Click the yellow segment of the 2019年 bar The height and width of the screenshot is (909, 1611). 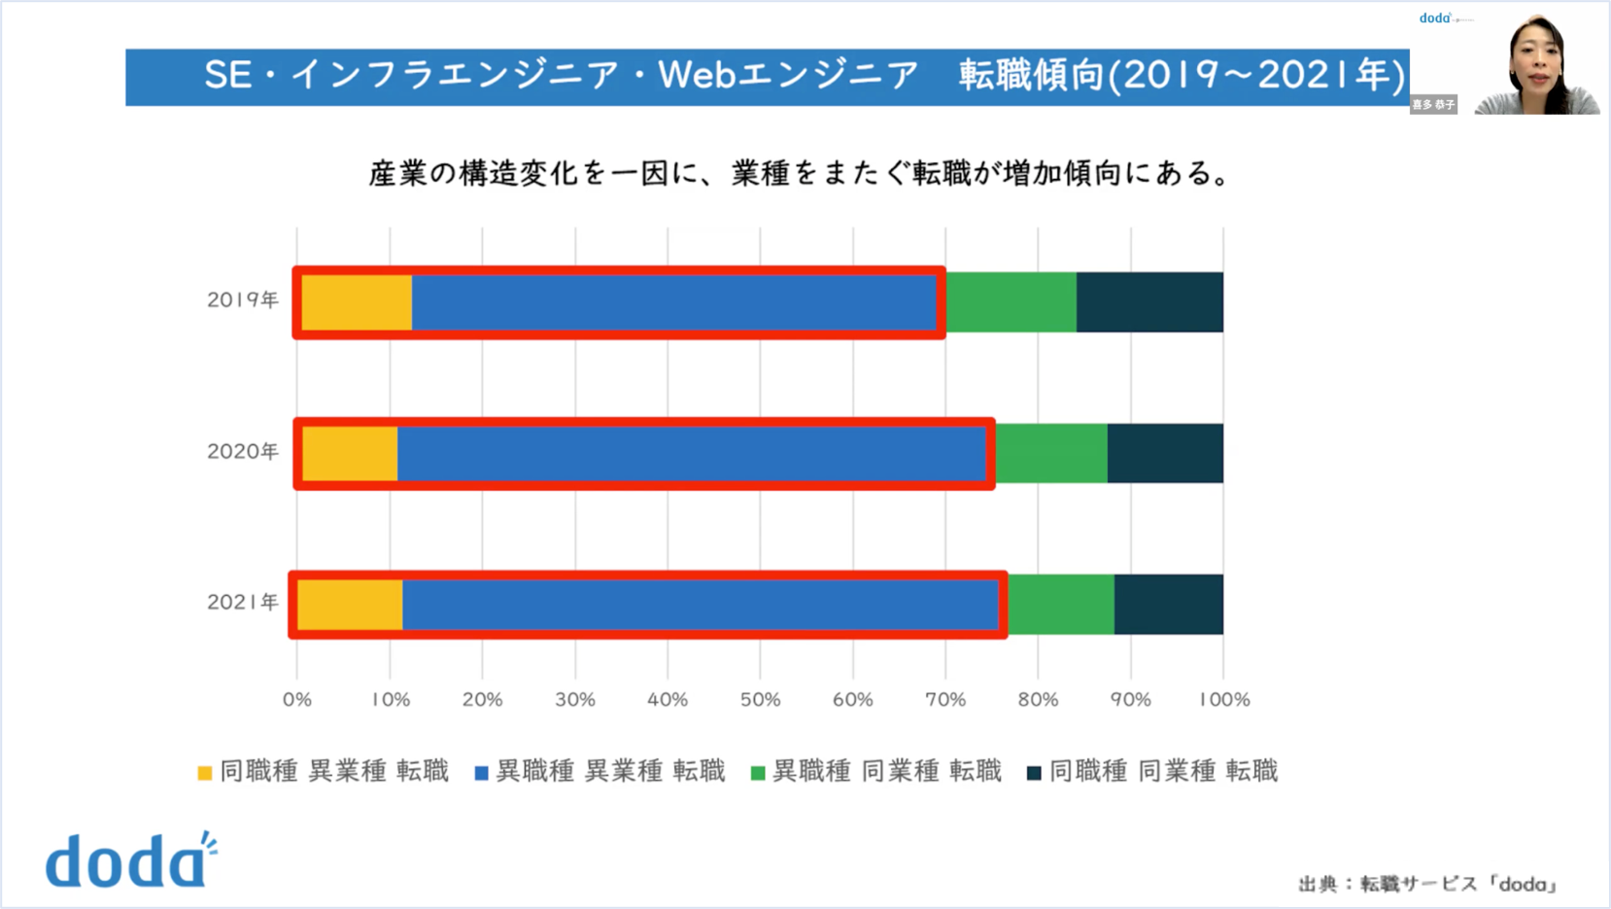pos(357,302)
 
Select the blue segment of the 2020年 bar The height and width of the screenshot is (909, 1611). pos(692,454)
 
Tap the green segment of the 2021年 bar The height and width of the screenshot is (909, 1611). pos(1061,605)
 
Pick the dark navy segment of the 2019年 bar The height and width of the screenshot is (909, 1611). pos(1149,302)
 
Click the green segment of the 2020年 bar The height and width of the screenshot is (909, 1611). pos(1051,454)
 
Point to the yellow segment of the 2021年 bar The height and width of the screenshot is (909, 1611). pos(350,605)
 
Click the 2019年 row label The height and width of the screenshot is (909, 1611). pos(242,299)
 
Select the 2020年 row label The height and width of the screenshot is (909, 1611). pos(242,451)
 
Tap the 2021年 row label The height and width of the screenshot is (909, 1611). pos(242,603)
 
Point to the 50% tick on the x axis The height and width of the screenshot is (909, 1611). pos(760,700)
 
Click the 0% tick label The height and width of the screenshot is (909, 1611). pos(297,700)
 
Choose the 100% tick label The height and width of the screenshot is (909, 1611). pos(1224,700)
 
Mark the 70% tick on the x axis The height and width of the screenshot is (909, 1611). pos(945,700)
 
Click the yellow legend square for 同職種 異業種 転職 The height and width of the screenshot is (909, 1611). pos(205,773)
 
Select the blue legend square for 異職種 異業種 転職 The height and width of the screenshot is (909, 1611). pos(481,773)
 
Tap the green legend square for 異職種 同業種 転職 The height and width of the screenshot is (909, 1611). pos(758,773)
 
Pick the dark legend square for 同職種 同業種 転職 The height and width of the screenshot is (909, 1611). pos(1034,773)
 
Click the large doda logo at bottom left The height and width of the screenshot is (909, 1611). pos(131,860)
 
